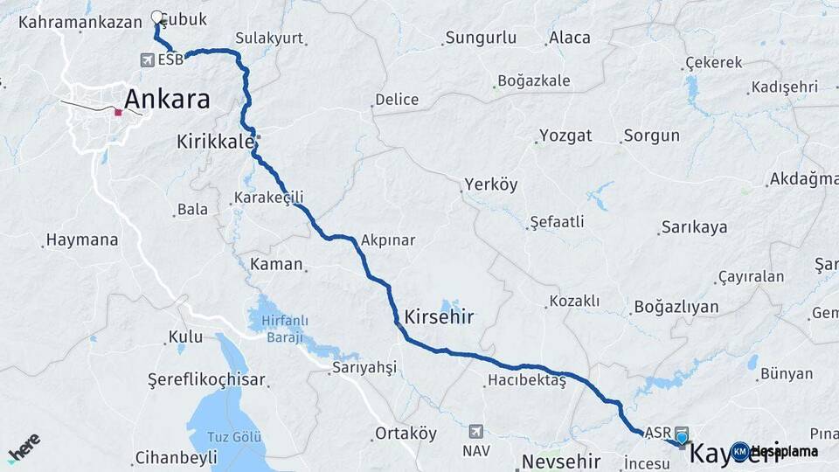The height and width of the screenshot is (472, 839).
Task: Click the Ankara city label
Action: tap(167, 99)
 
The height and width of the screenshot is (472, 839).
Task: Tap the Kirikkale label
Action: tap(214, 141)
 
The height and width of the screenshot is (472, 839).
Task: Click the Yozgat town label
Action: tap(565, 135)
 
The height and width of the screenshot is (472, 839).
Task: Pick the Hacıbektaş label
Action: tap(527, 380)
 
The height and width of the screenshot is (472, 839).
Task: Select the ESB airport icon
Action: tap(146, 60)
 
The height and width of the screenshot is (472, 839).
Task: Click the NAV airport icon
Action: tap(475, 431)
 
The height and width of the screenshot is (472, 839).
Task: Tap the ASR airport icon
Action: tap(680, 433)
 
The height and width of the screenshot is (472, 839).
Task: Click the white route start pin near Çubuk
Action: tap(157, 17)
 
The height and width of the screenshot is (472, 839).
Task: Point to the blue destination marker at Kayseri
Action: tap(682, 438)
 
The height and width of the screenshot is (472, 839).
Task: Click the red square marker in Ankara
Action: tap(118, 112)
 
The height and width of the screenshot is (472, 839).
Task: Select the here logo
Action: tap(24, 448)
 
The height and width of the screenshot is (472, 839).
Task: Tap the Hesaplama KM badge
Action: tap(775, 452)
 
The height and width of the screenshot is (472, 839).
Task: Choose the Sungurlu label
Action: tap(481, 38)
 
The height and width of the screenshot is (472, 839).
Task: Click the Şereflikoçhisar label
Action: tap(206, 380)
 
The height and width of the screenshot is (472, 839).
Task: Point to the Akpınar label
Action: tap(387, 239)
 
